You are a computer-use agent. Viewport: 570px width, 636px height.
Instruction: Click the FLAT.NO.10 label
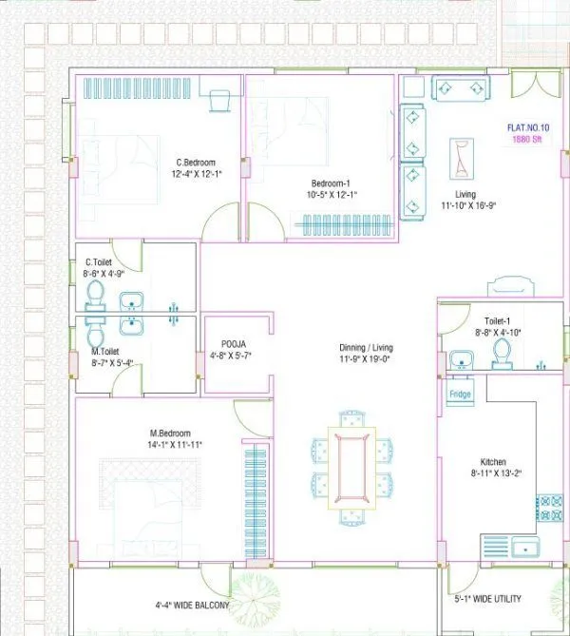[528, 127]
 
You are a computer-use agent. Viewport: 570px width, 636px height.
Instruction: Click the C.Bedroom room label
[195, 162]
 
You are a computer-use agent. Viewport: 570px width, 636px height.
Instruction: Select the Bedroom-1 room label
[331, 183]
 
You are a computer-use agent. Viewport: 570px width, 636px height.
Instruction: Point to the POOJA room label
[235, 344]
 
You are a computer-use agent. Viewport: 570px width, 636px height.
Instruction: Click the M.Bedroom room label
[174, 433]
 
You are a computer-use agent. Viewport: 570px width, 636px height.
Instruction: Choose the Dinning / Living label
[366, 348]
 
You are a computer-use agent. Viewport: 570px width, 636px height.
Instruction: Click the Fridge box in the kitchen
[460, 393]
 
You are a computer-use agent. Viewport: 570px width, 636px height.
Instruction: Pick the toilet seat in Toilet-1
[501, 354]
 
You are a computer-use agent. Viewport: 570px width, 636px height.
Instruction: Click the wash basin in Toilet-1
[463, 359]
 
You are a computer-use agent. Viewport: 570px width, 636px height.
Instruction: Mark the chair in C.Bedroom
[218, 99]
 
